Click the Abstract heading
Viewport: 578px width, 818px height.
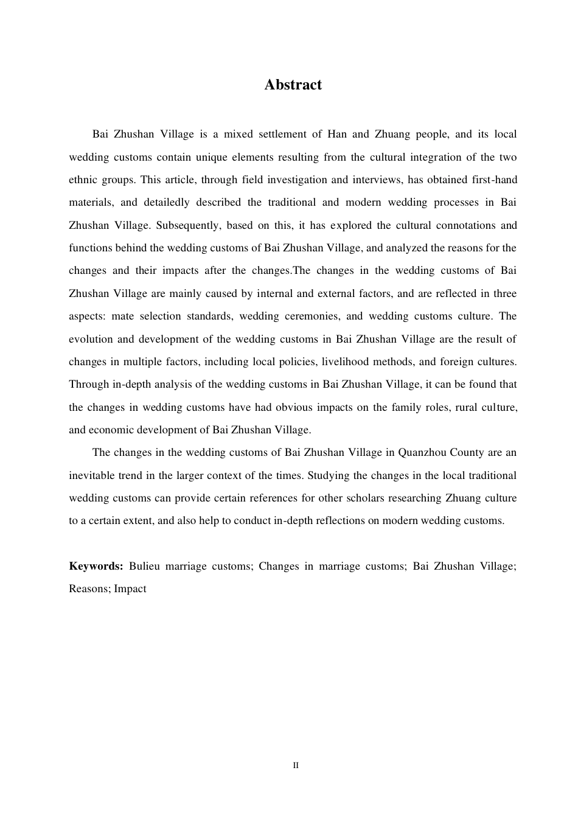pyautogui.click(x=293, y=85)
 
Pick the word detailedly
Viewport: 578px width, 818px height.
pyautogui.click(x=167, y=202)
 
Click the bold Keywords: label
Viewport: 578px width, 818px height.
pyautogui.click(x=96, y=566)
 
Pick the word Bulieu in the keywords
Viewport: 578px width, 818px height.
pyautogui.click(x=144, y=566)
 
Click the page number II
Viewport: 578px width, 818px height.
pyautogui.click(x=296, y=765)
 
